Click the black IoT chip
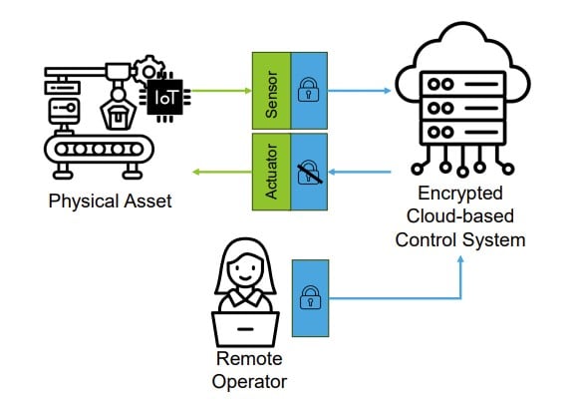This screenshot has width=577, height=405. [164, 98]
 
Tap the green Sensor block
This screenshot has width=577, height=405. [272, 91]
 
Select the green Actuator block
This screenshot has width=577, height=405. [272, 172]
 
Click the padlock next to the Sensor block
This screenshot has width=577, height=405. [308, 89]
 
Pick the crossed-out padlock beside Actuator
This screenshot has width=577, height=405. [310, 172]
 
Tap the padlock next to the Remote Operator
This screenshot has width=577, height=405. [311, 297]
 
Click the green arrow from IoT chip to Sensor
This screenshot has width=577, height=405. [221, 91]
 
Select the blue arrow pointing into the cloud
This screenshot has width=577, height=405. [359, 91]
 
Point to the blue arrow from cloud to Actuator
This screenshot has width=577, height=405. [359, 172]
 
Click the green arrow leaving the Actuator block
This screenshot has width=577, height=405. [222, 172]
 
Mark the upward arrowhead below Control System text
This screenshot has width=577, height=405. [460, 259]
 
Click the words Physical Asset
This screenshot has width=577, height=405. [110, 202]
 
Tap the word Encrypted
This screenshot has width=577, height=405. [460, 194]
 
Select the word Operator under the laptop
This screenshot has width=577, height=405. [249, 382]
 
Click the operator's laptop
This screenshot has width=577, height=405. [245, 329]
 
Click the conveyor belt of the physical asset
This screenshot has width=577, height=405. [99, 150]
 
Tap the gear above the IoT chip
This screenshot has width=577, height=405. [148, 70]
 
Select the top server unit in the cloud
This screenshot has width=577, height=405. [463, 84]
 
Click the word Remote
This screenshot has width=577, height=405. [249, 358]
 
